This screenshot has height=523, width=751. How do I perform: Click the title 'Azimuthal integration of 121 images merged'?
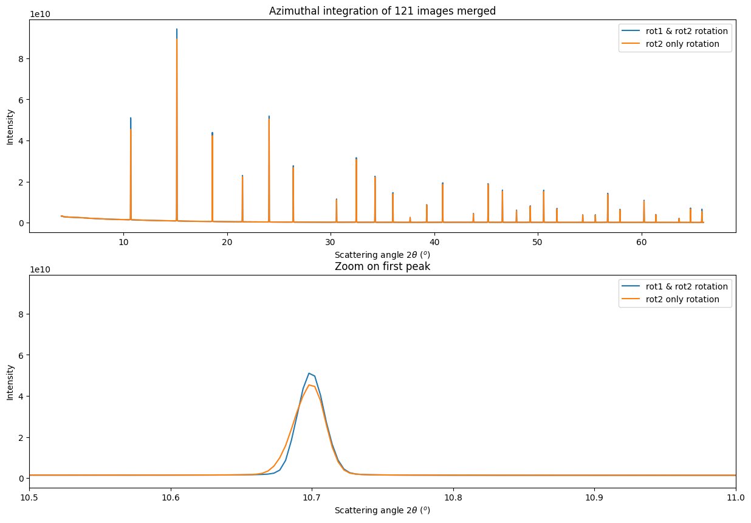[382, 10]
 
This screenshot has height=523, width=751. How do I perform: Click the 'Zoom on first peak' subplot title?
[382, 266]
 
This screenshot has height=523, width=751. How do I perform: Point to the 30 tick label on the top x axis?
[331, 242]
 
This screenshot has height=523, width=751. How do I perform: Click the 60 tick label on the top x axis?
[641, 242]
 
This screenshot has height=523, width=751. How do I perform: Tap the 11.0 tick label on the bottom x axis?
[735, 497]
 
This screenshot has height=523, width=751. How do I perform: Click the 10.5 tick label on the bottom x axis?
[30, 497]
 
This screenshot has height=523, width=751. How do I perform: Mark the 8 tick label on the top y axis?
[21, 59]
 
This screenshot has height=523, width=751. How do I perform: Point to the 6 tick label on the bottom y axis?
[21, 355]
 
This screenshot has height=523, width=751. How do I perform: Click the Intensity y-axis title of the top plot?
[10, 127]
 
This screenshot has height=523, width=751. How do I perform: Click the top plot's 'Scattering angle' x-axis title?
[382, 254]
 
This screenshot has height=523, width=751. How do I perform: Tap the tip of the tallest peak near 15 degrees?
[177, 29]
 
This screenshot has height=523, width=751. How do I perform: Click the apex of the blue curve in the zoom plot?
[309, 373]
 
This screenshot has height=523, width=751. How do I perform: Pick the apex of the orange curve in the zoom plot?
[309, 384]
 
